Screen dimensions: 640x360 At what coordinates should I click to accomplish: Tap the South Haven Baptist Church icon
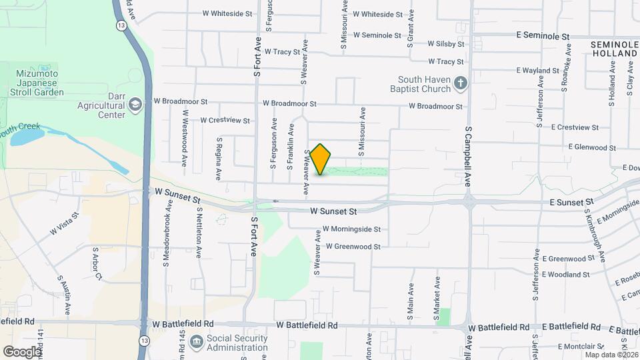459,84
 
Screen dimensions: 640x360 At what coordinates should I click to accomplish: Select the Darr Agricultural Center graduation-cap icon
135,104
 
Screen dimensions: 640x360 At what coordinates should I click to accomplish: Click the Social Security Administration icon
196,342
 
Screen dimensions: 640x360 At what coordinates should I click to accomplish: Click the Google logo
23,351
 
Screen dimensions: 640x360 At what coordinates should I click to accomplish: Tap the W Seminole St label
377,35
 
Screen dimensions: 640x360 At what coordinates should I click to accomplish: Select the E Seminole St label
543,35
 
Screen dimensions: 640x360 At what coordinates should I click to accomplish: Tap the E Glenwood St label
592,147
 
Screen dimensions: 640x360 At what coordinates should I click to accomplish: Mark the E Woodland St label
565,274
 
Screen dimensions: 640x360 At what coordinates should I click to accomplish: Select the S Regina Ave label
219,159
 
